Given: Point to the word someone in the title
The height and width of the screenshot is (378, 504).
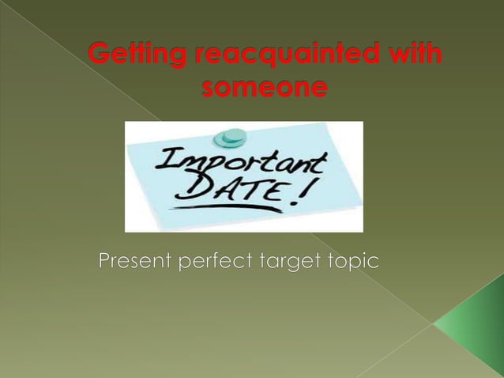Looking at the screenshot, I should point(253,89).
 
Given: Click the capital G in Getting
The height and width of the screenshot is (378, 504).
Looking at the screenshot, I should point(99,57).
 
